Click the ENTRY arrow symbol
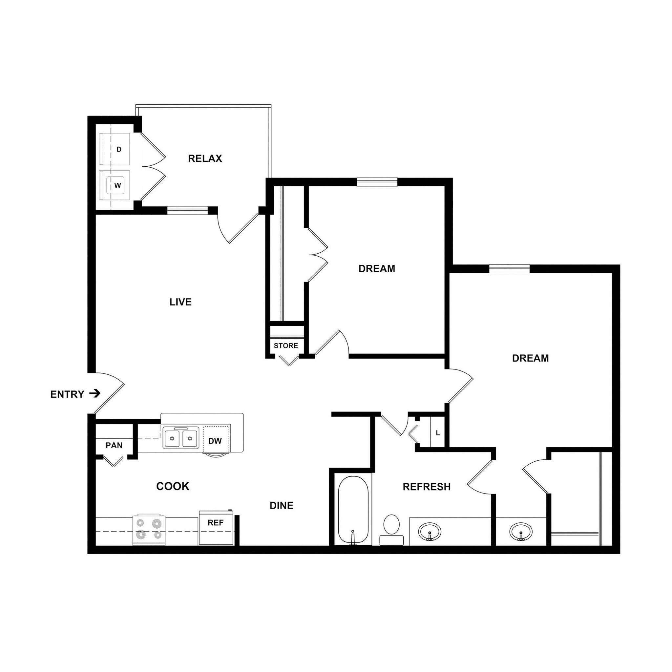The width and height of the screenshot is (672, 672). click(94, 393)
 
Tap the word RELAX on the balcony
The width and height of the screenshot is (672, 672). click(205, 158)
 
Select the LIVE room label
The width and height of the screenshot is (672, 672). click(180, 302)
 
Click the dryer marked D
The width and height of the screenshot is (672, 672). click(115, 149)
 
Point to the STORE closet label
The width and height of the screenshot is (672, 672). click(285, 346)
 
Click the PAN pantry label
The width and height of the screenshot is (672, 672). click(114, 445)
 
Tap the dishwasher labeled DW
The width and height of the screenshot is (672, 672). click(216, 441)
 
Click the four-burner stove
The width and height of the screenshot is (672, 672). click(149, 529)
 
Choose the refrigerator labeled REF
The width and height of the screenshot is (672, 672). click(216, 527)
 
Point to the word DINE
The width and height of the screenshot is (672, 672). click(282, 505)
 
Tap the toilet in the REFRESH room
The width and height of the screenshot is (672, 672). click(391, 529)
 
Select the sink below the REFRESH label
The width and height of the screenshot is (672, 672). click(430, 532)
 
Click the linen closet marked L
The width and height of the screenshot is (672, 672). click(438, 433)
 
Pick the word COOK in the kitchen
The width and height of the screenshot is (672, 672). click(173, 486)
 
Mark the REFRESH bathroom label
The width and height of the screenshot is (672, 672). click(427, 487)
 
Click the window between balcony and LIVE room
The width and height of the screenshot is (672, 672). click(187, 210)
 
